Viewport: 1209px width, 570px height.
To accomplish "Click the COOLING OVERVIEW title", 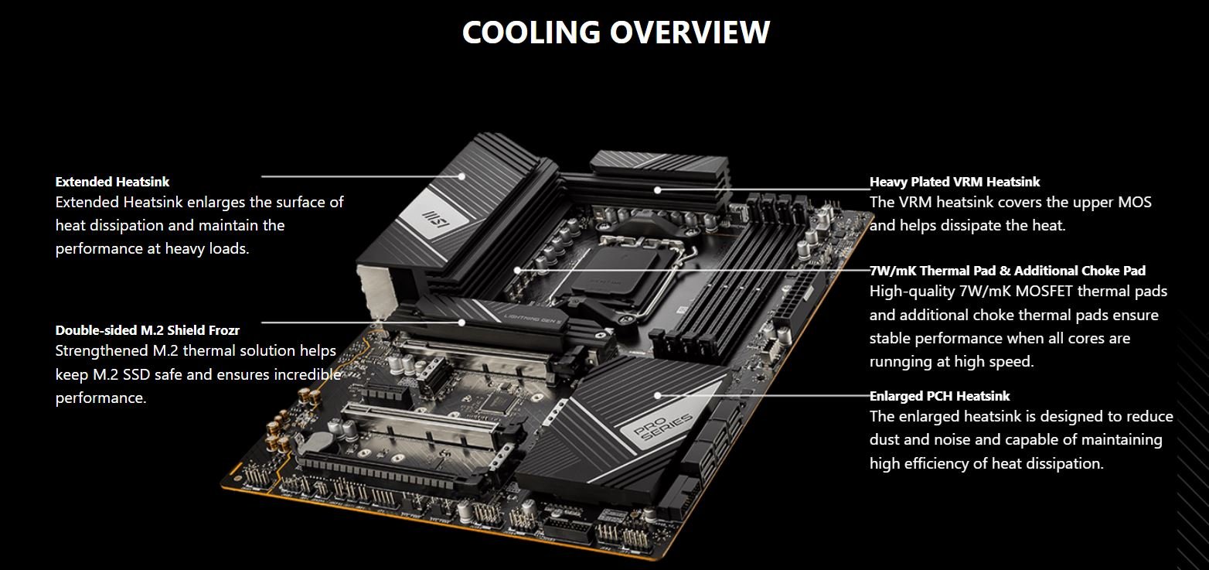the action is tap(616, 32).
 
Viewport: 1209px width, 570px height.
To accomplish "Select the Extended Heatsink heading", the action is tap(112, 182).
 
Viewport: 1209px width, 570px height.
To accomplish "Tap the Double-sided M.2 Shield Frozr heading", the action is tap(148, 330).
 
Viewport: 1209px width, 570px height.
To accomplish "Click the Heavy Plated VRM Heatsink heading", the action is tap(954, 182).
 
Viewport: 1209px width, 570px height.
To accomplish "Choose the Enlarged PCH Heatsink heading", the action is tap(939, 396).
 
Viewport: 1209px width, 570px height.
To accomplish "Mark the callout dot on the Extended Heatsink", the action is tap(462, 176).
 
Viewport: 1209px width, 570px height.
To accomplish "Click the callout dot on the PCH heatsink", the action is tap(657, 395).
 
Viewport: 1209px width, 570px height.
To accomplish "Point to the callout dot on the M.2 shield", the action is tap(462, 323).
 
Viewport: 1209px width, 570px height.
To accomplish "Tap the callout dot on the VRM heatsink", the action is tap(657, 190).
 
